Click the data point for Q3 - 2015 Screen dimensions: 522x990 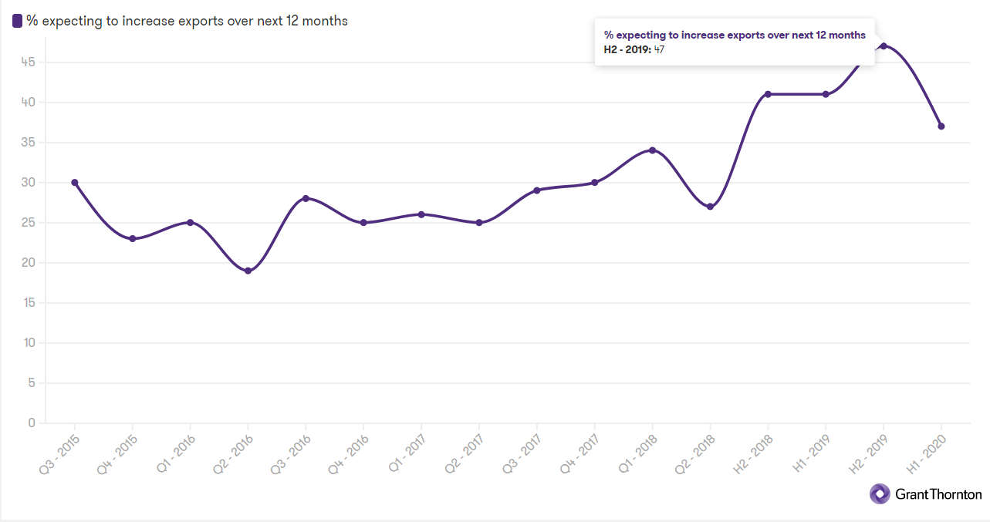click(x=74, y=183)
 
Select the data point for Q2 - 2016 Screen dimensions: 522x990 click(x=248, y=271)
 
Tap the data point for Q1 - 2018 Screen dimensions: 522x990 click(x=652, y=150)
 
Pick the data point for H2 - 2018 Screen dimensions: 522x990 click(x=768, y=94)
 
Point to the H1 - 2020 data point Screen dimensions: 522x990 click(x=941, y=126)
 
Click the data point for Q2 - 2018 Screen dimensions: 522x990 click(x=710, y=207)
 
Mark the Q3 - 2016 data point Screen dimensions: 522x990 click(x=306, y=198)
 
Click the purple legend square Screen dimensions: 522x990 click(x=17, y=22)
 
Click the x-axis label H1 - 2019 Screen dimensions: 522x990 click(x=813, y=451)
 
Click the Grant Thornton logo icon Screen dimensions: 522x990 click(x=880, y=493)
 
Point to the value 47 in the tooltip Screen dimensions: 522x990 click(x=659, y=50)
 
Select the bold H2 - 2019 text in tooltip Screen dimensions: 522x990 click(x=627, y=50)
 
